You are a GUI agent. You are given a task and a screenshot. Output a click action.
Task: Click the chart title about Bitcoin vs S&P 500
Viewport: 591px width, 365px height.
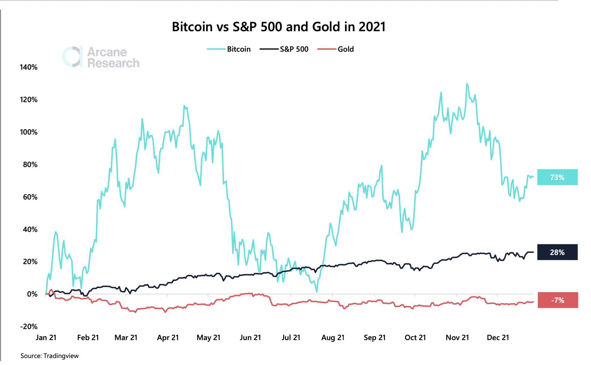click(x=279, y=27)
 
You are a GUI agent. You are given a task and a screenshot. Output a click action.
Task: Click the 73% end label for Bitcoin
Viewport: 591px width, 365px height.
click(x=557, y=177)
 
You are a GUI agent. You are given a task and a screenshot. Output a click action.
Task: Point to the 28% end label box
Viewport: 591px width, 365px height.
click(x=557, y=252)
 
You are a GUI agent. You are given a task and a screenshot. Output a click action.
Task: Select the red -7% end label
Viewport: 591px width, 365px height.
click(x=558, y=300)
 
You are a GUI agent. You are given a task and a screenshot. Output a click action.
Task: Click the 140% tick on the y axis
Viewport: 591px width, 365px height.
click(x=28, y=67)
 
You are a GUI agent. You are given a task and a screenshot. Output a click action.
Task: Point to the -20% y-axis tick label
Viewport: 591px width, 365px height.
click(x=28, y=327)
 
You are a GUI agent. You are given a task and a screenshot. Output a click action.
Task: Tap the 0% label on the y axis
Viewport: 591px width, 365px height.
click(x=32, y=294)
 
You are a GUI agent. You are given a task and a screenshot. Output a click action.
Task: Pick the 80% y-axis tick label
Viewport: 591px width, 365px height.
click(x=30, y=165)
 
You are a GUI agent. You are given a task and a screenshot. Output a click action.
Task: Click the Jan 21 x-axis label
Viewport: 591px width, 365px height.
click(x=46, y=338)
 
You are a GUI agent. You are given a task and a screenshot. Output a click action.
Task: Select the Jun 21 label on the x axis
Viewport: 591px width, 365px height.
click(x=250, y=338)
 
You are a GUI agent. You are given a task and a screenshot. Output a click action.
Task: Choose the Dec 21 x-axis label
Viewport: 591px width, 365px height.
click(x=498, y=338)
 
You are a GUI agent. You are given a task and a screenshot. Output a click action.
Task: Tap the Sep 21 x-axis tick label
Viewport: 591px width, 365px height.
click(x=374, y=338)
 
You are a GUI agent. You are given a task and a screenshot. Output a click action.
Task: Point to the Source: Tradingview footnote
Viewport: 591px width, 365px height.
click(x=50, y=356)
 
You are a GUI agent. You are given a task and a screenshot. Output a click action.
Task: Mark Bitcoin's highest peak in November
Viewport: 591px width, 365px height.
click(x=467, y=84)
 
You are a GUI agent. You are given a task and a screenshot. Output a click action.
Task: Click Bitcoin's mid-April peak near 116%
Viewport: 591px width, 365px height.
click(x=184, y=106)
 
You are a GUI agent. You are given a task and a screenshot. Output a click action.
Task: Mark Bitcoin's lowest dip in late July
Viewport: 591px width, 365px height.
click(x=317, y=292)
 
